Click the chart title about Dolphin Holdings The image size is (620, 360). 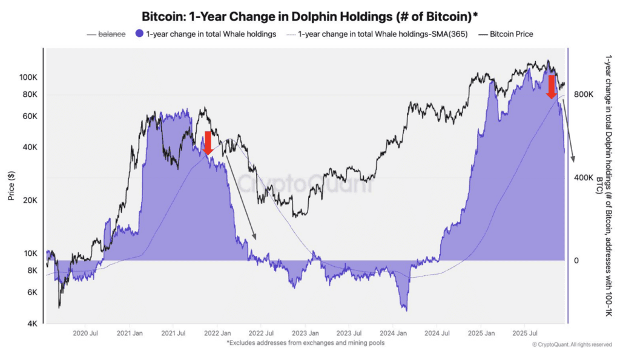pos(309,16)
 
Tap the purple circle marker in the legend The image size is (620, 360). pos(140,34)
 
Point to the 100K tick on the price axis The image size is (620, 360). pos(28,77)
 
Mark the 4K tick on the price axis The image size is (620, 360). pos(31,324)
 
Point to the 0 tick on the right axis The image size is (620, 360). pos(577,261)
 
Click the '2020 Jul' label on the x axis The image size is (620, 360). pos(85,333)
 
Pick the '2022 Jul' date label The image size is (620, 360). pos(261,333)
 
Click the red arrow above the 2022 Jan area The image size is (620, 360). pos(208,143)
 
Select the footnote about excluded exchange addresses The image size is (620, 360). pos(306,343)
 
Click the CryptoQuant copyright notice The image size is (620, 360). pos(572,345)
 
